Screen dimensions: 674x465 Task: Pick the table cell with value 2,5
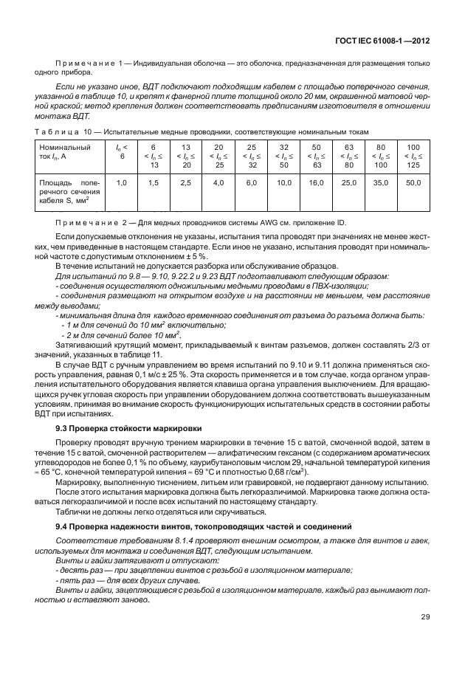point(186,182)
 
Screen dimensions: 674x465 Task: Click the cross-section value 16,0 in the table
point(316,182)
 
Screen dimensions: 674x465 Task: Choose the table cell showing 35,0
point(381,182)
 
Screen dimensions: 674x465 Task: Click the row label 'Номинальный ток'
point(59,152)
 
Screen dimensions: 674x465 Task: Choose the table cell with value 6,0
point(251,182)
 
